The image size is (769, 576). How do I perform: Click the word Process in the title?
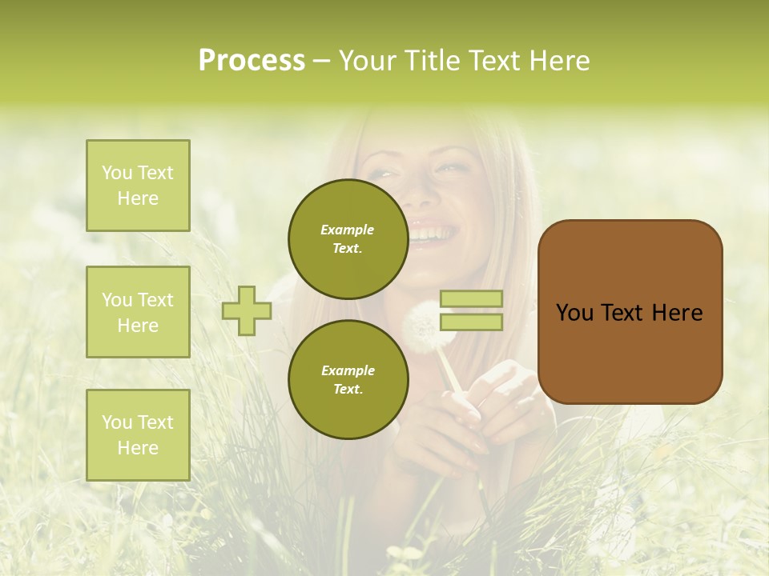[x=252, y=61]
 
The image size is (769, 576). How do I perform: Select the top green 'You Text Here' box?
[x=138, y=186]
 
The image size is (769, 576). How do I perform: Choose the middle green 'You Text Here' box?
[x=138, y=312]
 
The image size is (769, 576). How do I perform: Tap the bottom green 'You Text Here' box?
[x=138, y=435]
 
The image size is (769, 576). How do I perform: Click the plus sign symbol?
[x=247, y=310]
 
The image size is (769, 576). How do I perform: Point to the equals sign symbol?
[x=471, y=310]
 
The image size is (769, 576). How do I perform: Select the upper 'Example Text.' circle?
[x=348, y=238]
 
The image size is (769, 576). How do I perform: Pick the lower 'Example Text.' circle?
[x=348, y=379]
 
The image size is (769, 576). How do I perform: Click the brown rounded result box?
[x=630, y=312]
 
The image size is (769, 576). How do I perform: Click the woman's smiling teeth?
[x=433, y=233]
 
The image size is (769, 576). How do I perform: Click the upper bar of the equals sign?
[x=471, y=299]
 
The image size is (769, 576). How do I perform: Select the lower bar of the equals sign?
[x=471, y=322]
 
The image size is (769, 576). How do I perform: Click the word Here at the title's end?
[x=559, y=61]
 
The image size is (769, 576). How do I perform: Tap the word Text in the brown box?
[x=630, y=312]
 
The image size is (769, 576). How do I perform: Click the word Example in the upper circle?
[x=348, y=230]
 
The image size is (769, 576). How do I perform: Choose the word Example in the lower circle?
[x=348, y=370]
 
